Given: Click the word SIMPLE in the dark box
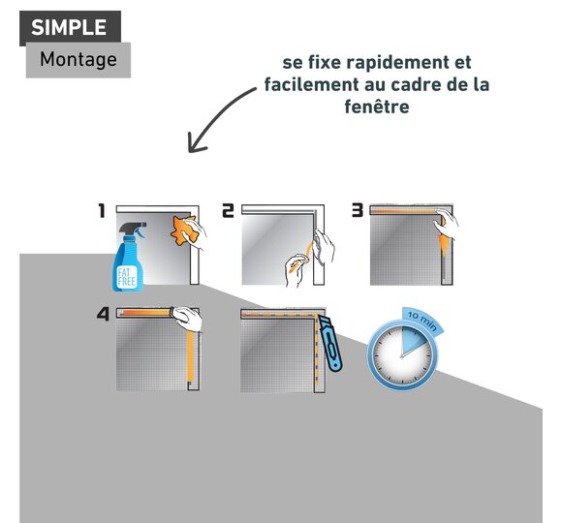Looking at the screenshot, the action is (69, 27).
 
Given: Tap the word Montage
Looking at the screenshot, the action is (78, 59).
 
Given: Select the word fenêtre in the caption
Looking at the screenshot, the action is (377, 107).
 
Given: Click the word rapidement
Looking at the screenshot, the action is (398, 63).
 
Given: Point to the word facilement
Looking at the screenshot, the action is (311, 84).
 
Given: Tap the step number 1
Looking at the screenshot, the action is (102, 210).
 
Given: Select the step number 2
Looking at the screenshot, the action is (228, 210).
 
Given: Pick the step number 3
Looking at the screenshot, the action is (358, 210).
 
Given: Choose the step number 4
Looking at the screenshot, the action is (103, 314).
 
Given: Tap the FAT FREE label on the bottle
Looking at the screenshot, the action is (127, 277).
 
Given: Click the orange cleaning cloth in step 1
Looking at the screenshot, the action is (184, 231).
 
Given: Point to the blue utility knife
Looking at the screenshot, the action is (330, 344).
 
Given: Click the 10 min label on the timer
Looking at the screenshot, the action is (422, 320).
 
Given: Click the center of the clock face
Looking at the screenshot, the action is (402, 356).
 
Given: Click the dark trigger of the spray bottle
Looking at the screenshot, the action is (134, 229).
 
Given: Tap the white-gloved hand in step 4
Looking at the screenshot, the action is (187, 319).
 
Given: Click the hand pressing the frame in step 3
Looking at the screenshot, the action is (447, 224).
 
